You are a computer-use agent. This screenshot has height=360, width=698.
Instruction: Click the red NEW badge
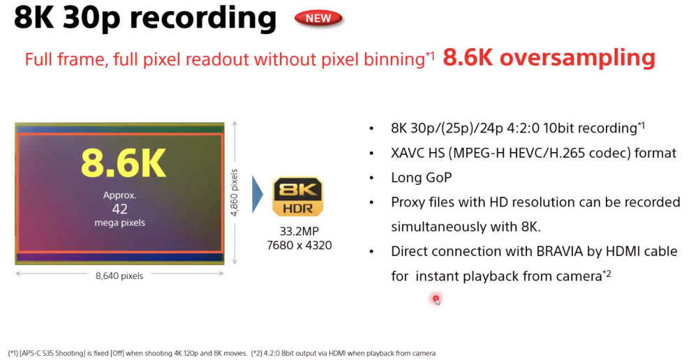[318, 18]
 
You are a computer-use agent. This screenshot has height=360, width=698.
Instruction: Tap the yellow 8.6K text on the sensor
[124, 163]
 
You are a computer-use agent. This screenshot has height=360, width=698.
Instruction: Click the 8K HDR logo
[297, 197]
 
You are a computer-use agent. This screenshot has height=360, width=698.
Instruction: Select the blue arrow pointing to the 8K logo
[258, 195]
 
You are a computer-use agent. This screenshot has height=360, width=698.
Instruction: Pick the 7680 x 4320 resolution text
[299, 245]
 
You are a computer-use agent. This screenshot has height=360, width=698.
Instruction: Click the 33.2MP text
[299, 232]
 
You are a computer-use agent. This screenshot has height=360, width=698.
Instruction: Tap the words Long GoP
[421, 178]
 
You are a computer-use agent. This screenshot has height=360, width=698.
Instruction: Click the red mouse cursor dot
[436, 299]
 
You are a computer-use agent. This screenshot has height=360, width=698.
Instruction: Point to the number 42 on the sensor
[120, 209]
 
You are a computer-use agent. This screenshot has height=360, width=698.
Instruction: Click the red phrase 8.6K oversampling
[549, 58]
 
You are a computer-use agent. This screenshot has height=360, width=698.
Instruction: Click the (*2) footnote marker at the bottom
[257, 353]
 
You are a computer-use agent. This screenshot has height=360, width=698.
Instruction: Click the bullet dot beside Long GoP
[372, 178]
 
